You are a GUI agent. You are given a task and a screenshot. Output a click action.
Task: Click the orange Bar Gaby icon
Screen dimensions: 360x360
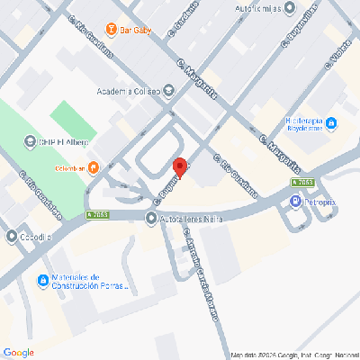(x=112, y=28)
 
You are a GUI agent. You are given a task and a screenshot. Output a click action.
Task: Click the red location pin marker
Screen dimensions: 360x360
(x=181, y=168)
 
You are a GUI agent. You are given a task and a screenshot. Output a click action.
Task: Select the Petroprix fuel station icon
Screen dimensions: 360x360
(x=295, y=202)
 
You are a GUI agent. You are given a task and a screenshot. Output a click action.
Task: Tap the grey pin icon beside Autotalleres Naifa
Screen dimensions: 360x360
(x=151, y=217)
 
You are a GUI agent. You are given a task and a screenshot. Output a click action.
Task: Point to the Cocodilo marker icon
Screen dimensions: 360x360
(x=11, y=238)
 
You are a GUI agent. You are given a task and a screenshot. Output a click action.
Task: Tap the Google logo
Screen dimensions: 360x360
(x=18, y=351)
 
